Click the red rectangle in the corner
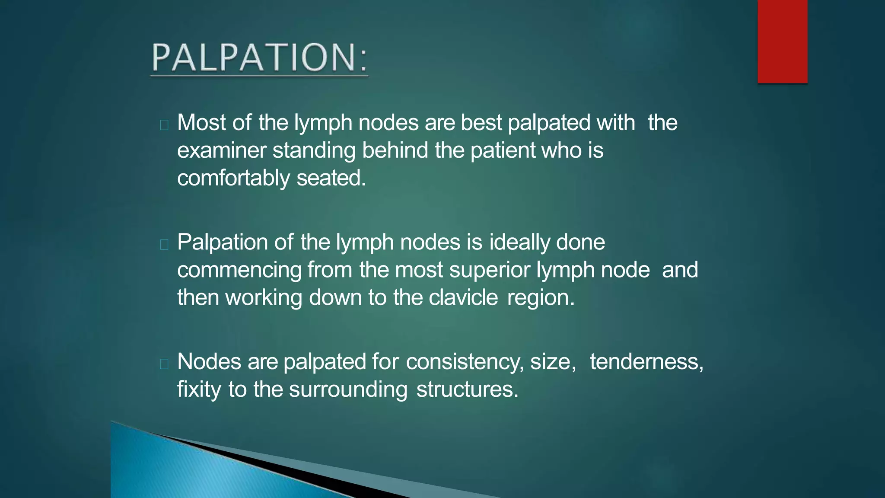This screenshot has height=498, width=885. pos(782,41)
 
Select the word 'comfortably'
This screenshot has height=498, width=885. pos(233,179)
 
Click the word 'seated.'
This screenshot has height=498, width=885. pos(331,179)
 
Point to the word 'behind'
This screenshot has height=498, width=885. pos(395,151)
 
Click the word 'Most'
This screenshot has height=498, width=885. pos(201,123)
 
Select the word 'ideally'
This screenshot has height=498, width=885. pos(519,242)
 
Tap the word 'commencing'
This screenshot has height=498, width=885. pos(239,270)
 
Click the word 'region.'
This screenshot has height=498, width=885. pos(541,298)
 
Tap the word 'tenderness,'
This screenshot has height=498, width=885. pos(646,362)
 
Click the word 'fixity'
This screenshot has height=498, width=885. pos(199,389)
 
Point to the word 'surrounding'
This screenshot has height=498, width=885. pos(348,389)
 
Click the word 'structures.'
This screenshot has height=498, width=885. pos(467,389)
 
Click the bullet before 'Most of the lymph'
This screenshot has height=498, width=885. pos(164,125)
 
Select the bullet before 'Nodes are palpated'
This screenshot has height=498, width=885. pos(164,364)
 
